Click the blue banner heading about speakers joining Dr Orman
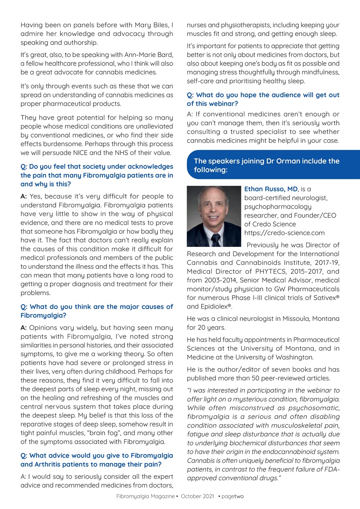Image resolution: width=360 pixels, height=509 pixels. coord(267,165)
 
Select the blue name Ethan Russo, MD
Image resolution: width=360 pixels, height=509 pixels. coord(270,189)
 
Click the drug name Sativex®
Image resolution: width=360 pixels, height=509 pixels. coord(325,297)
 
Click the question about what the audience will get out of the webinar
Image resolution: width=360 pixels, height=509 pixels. coord(263,99)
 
